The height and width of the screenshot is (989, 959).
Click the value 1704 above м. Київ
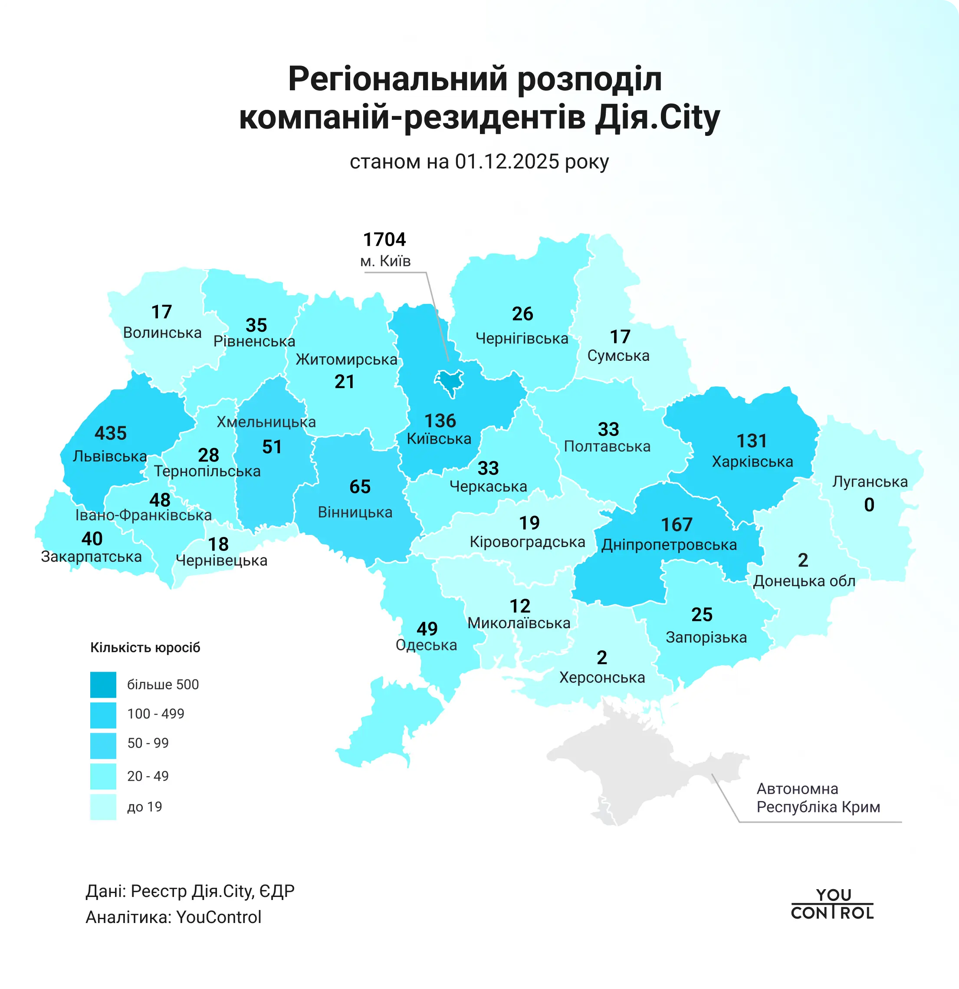tap(384, 240)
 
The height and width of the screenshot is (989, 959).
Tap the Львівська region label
tap(109, 456)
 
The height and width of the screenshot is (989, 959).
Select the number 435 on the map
tap(111, 433)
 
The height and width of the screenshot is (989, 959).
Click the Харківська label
tap(752, 462)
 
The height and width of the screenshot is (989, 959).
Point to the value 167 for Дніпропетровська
tap(677, 525)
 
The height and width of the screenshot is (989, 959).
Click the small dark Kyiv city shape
tap(449, 381)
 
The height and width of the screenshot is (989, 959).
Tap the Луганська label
tap(870, 481)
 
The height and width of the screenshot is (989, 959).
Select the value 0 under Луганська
tap(869, 504)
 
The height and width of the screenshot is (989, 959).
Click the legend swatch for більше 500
tap(103, 685)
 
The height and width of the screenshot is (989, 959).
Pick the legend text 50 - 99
tap(148, 743)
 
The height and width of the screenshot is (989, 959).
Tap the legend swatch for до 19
tap(103, 807)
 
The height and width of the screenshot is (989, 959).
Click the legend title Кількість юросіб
tap(145, 647)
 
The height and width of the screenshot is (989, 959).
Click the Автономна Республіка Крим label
tap(818, 798)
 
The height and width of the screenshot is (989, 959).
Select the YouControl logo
tap(832, 904)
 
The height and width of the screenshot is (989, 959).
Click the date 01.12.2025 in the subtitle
tap(506, 162)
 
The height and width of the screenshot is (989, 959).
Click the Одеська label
tap(426, 645)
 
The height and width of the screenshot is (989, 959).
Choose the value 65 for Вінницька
tap(360, 487)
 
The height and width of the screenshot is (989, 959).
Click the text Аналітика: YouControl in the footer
tap(174, 917)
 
